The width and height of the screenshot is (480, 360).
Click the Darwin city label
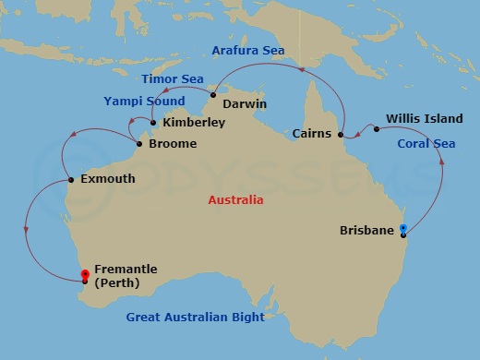tap(244, 103)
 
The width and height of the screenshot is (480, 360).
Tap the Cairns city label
tap(312, 134)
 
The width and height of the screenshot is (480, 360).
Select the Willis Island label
tap(418, 119)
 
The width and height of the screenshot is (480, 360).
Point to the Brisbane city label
tap(366, 230)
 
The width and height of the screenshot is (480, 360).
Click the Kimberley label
tap(193, 122)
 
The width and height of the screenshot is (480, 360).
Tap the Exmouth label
tap(107, 179)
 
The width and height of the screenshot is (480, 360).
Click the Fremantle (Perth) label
tap(126, 276)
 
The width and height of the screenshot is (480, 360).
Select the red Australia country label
tap(235, 199)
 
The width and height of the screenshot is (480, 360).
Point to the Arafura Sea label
tap(247, 50)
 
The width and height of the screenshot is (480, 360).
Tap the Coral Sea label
tap(426, 144)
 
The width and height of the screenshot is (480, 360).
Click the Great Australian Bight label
tap(195, 318)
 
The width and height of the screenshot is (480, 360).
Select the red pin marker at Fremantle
tap(86, 274)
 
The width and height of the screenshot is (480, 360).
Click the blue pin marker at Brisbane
tap(402, 228)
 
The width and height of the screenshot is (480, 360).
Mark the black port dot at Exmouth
tap(71, 179)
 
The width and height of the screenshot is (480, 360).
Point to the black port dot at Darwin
tap(212, 95)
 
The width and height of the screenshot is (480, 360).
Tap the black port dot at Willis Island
tap(377, 128)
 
